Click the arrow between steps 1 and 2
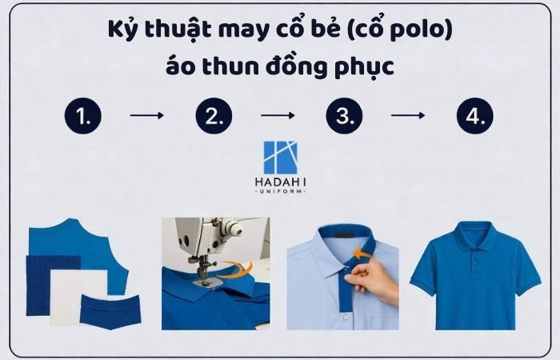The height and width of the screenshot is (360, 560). tap(147, 116)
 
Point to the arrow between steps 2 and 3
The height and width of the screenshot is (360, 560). tap(278, 116)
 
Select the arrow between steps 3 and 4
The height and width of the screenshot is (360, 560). tap(408, 116)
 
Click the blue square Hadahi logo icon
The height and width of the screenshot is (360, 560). tap(279, 160)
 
